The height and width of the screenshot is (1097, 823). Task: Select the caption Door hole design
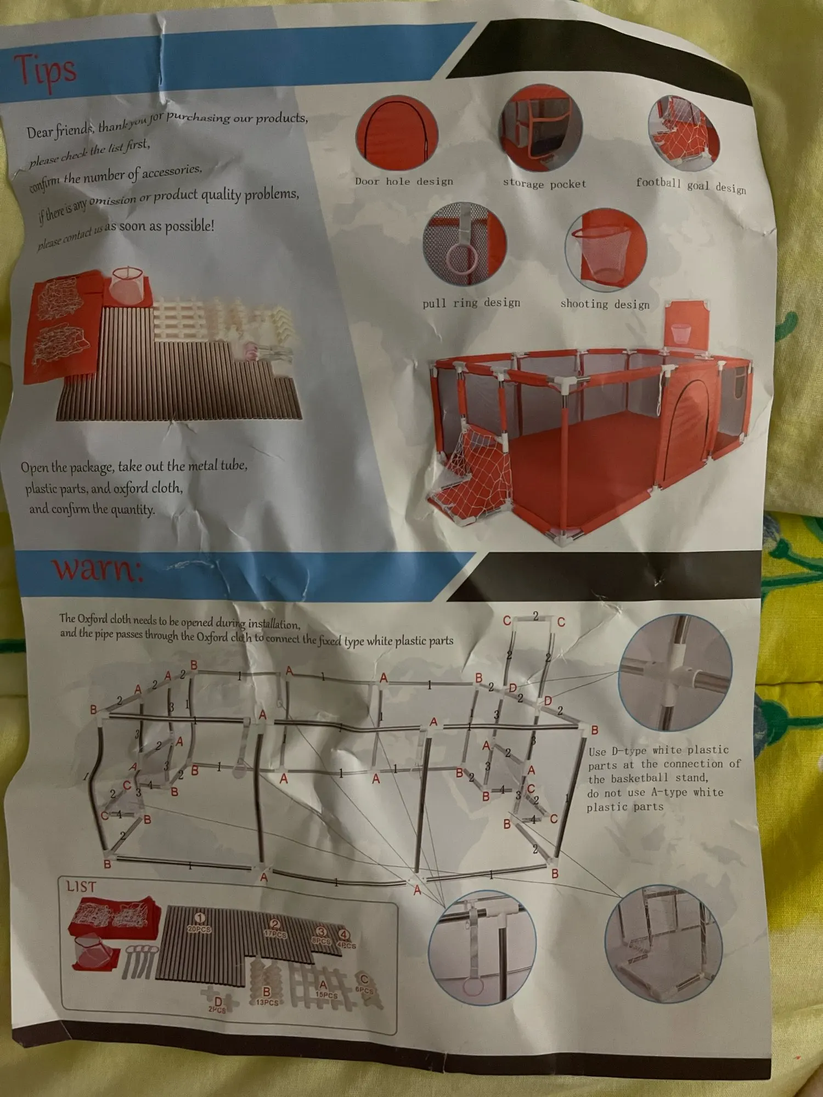404,181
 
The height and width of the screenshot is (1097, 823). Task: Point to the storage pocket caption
544,184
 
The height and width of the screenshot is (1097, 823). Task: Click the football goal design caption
691,185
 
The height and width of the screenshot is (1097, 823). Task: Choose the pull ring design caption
471,303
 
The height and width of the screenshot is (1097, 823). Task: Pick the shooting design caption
605,304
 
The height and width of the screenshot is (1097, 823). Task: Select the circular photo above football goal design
683,132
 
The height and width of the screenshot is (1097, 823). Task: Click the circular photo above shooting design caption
606,250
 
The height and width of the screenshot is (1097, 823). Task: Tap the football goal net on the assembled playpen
472,472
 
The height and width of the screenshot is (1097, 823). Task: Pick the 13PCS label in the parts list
267,1002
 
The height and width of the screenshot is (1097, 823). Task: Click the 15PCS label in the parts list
326,994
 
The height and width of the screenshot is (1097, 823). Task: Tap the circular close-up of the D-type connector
675,671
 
